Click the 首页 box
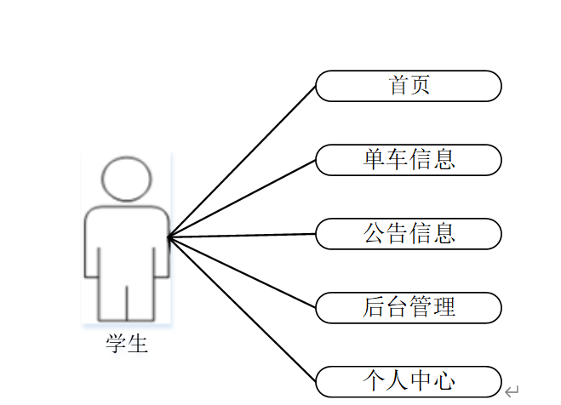pos(409,86)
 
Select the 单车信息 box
pos(409,160)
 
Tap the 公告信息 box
pos(409,234)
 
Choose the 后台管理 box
pos(409,307)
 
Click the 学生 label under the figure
pos(127,344)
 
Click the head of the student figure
pos(126,179)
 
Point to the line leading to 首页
pos(243,161)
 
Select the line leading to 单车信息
pos(243,197)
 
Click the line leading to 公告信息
pos(243,236)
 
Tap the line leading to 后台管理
pos(243,272)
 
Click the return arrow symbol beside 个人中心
pos(512,391)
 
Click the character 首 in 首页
pos(398,86)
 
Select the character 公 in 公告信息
pos(375,234)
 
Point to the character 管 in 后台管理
pos(421,307)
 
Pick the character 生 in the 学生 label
pos(138,344)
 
